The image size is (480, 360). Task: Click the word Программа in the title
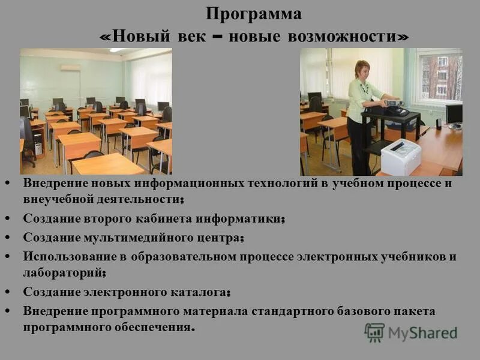tap(254, 13)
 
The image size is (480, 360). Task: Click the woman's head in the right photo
tap(362, 70)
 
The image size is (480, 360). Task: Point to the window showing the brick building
tap(442, 77)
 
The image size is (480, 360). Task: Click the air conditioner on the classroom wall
tap(70, 68)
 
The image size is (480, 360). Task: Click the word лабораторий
tap(62, 272)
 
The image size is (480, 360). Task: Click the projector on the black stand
tap(393, 103)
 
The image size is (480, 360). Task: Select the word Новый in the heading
tap(135, 36)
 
